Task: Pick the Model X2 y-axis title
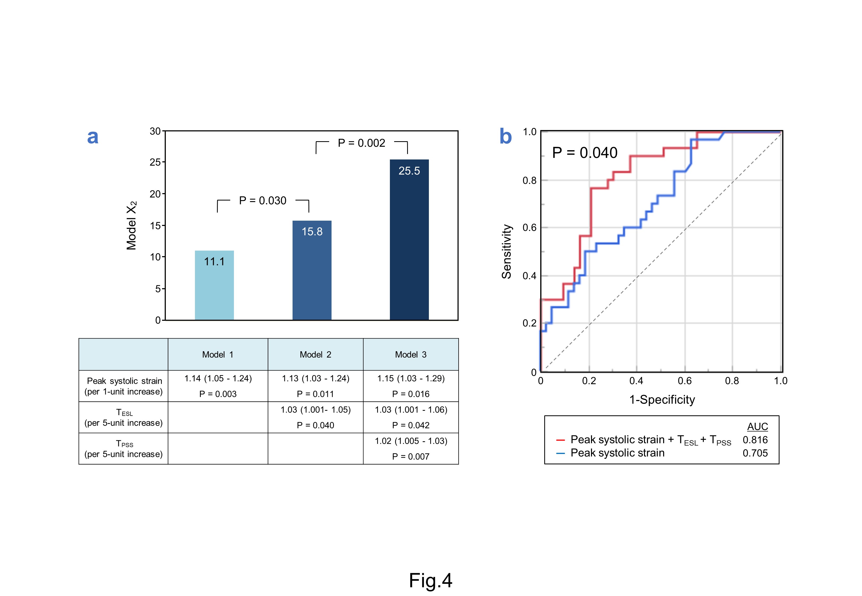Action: click(132, 226)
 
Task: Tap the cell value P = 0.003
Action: click(218, 394)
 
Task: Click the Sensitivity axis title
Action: click(507, 251)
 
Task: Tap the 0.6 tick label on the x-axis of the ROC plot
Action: click(685, 381)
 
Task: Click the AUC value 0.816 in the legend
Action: click(755, 440)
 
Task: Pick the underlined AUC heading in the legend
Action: click(757, 426)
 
